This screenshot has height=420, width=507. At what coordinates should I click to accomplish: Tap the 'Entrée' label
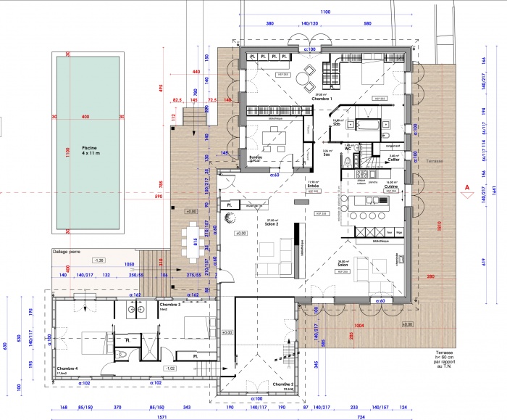[313, 185]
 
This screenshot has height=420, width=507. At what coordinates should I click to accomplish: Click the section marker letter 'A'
[467, 186]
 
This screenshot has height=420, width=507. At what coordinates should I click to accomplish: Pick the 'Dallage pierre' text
[67, 252]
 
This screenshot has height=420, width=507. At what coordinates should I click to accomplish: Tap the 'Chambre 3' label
[169, 305]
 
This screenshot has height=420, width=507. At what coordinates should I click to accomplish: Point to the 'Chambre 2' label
[282, 384]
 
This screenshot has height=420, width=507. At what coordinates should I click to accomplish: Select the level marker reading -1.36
[100, 259]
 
